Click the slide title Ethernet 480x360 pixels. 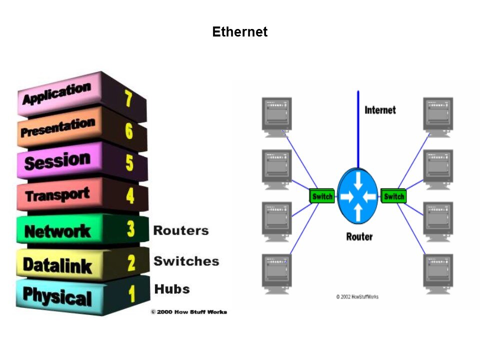point(239,32)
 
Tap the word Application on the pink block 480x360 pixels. point(56,94)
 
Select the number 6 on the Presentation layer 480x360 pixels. point(129,131)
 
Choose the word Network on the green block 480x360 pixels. point(57,231)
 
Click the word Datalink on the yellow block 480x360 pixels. point(57,264)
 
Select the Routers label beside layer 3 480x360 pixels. point(180,230)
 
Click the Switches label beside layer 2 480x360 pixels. point(186,261)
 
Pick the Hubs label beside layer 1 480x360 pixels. point(172,289)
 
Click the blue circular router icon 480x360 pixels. point(357,196)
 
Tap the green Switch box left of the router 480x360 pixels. point(322,196)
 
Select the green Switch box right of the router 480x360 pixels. point(393,196)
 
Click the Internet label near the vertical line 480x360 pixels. point(380,110)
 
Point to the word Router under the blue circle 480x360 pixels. point(359,236)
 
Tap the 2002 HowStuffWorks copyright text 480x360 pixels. point(357,297)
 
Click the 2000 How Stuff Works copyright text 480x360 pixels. point(188,312)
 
